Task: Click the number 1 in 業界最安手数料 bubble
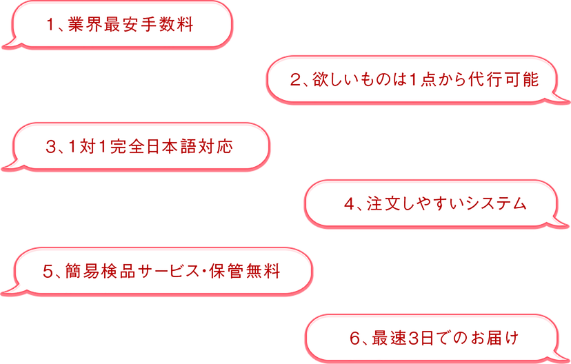(x=50, y=26)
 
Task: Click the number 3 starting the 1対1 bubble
(x=50, y=147)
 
